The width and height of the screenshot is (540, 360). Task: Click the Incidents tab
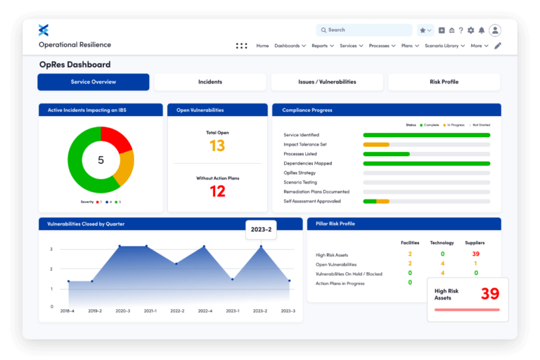pyautogui.click(x=210, y=82)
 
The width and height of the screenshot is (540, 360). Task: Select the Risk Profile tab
pyautogui.click(x=444, y=82)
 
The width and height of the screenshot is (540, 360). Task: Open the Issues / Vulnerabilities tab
pyautogui.click(x=327, y=82)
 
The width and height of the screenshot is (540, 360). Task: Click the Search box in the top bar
pyautogui.click(x=364, y=30)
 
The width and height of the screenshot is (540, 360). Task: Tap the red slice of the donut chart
pyautogui.click(x=117, y=140)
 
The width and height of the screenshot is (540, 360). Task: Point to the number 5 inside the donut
pyautogui.click(x=101, y=160)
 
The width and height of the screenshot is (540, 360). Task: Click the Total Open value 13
pyautogui.click(x=217, y=146)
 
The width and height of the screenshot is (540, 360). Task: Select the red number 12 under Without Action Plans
pyautogui.click(x=217, y=191)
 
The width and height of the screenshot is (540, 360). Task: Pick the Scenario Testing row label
pyautogui.click(x=301, y=182)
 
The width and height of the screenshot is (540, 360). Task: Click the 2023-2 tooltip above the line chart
pyautogui.click(x=261, y=229)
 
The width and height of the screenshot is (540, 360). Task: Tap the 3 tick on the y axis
pyautogui.click(x=51, y=249)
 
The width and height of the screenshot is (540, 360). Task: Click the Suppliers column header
pyautogui.click(x=475, y=243)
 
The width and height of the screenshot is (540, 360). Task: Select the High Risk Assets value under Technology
pyautogui.click(x=442, y=254)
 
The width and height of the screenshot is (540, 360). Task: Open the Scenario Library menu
pyautogui.click(x=444, y=46)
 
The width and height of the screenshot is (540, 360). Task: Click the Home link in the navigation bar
pyautogui.click(x=262, y=46)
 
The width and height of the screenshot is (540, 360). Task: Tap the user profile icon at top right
pyautogui.click(x=495, y=30)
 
